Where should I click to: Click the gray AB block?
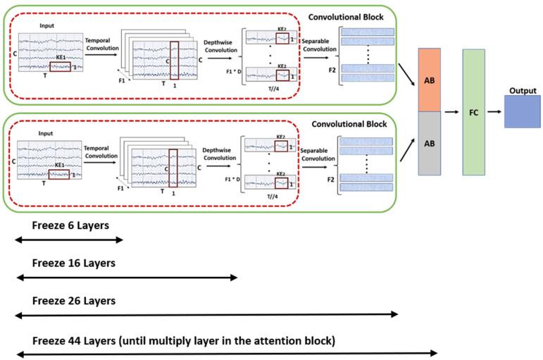pos(430,142)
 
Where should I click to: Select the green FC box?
pos(473,112)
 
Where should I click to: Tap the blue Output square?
pos(522,112)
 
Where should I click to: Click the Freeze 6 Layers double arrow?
pos(68,240)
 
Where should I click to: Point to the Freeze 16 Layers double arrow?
pos(126,278)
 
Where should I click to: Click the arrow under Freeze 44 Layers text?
pos(226,353)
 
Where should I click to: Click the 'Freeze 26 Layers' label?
pos(73,301)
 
